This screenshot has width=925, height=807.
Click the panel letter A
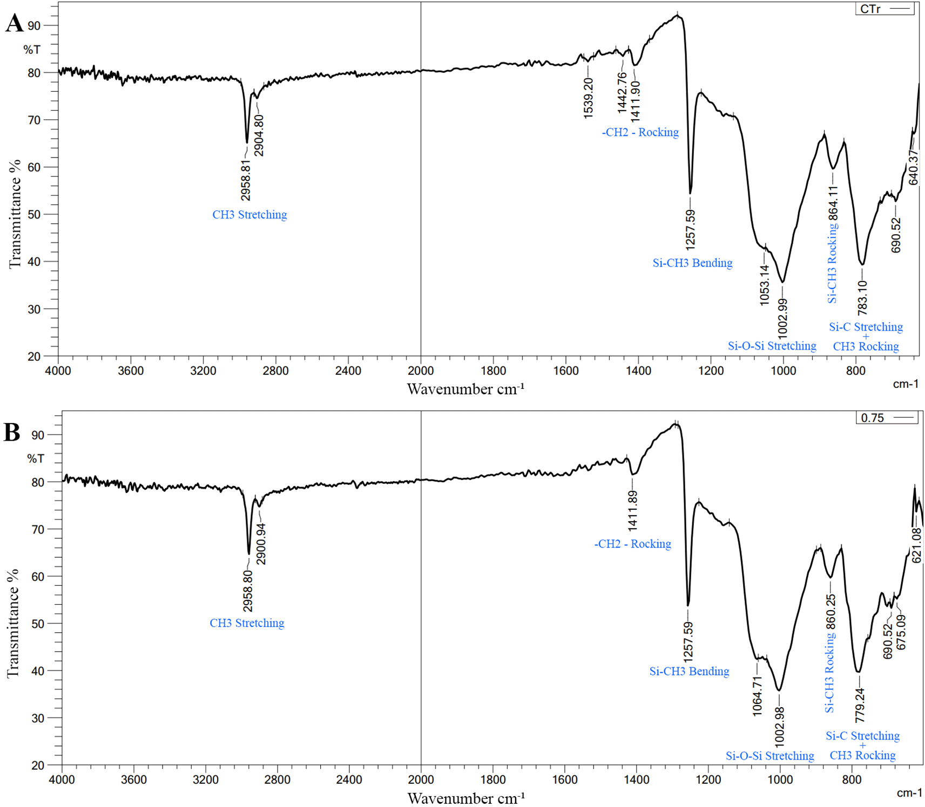click(15, 24)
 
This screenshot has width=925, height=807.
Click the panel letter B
click(12, 433)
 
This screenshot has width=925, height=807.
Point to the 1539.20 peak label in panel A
click(588, 98)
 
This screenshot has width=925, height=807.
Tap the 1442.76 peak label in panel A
click(622, 92)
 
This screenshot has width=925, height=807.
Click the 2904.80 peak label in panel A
click(259, 135)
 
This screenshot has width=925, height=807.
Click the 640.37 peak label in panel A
click(913, 167)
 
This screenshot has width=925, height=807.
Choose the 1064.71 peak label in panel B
click(758, 696)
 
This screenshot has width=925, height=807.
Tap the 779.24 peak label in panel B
click(860, 706)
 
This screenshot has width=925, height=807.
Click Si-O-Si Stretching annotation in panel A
click(772, 346)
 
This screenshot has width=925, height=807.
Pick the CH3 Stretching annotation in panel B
click(247, 623)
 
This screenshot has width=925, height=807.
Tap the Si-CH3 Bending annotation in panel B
click(689, 672)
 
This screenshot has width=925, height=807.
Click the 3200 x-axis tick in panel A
click(203, 371)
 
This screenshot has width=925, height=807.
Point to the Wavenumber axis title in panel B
click(465, 797)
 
